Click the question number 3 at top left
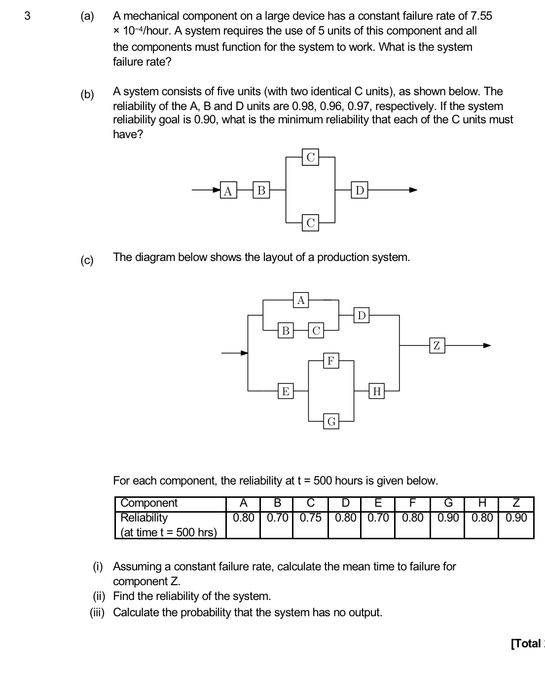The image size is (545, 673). click(x=27, y=16)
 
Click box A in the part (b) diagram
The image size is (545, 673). click(x=228, y=190)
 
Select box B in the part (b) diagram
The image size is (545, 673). click(x=261, y=190)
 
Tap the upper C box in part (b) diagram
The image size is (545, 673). click(x=310, y=157)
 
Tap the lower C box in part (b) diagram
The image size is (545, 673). click(x=310, y=223)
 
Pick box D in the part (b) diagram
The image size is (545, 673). click(x=360, y=190)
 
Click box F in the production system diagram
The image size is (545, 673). click(x=331, y=361)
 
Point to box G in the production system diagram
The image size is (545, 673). click(x=331, y=421)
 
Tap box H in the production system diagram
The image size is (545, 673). click(x=377, y=391)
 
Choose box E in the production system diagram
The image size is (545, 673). click(x=285, y=391)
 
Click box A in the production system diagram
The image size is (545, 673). click(x=301, y=300)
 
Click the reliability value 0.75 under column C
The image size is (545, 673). click(x=310, y=518)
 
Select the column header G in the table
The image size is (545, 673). click(x=448, y=503)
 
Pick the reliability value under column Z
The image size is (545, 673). click(x=516, y=518)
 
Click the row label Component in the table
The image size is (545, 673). click(x=149, y=503)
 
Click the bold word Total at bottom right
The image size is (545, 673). click(x=526, y=643)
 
